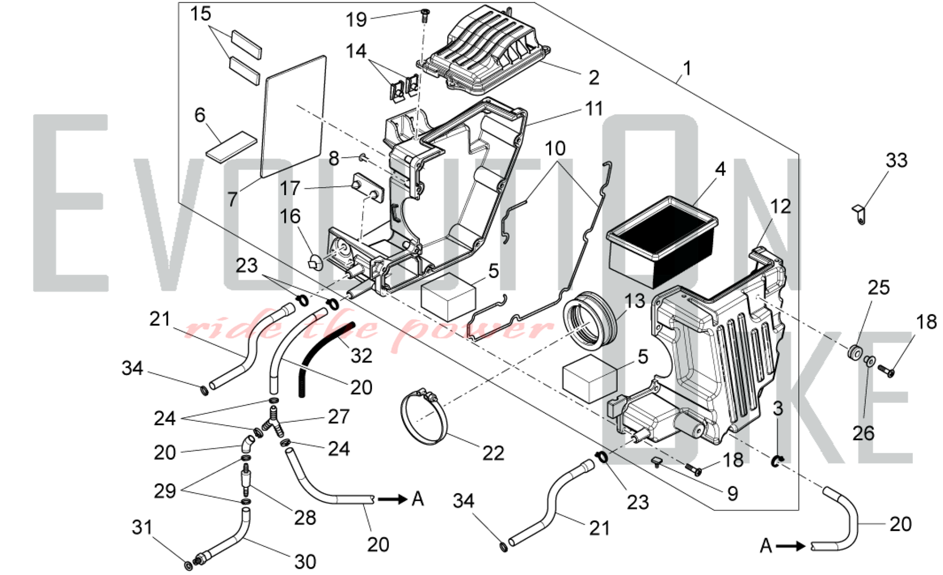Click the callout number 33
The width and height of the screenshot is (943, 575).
(896, 161)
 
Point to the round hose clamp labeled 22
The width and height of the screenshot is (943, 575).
(424, 417)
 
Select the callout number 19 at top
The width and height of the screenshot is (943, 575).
(356, 20)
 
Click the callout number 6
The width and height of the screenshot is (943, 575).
(200, 115)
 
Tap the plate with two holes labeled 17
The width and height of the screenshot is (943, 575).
(369, 187)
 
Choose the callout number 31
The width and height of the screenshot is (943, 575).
(142, 527)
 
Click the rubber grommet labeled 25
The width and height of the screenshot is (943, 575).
(855, 353)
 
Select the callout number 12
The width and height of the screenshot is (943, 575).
(780, 206)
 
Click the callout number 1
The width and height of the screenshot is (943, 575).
(687, 69)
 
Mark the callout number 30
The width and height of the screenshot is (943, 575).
(305, 561)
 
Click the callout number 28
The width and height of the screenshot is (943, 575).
(305, 518)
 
